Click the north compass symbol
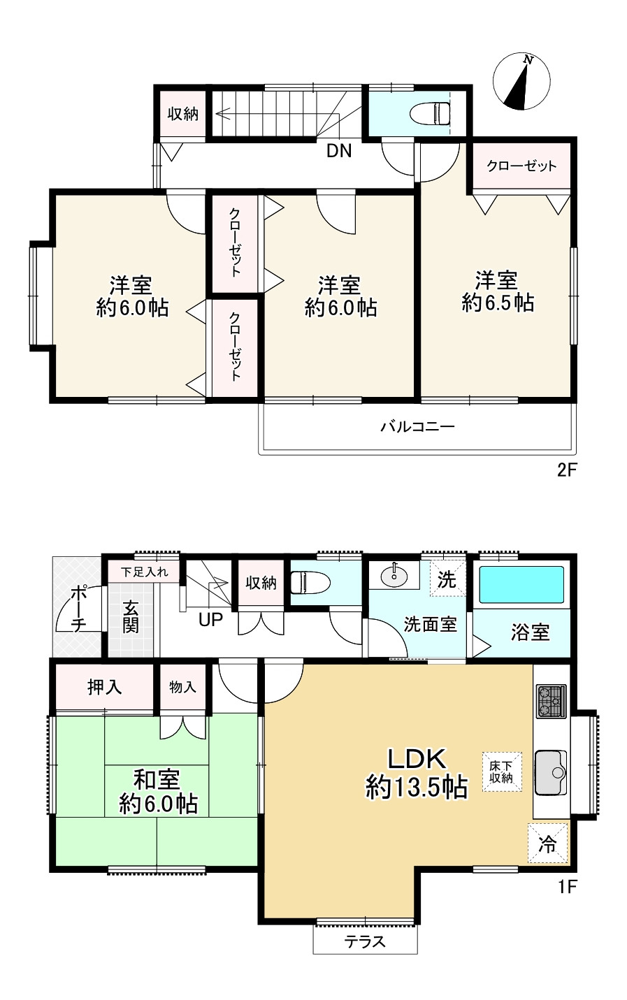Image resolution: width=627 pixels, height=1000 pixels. (x=523, y=81)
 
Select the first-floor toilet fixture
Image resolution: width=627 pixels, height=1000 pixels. (x=310, y=583)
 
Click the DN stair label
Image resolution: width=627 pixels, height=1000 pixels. (x=339, y=152)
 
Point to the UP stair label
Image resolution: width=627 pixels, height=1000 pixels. (x=210, y=619)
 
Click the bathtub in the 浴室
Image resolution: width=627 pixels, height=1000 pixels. (x=521, y=584)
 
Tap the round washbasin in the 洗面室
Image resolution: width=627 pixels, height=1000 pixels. (x=394, y=577)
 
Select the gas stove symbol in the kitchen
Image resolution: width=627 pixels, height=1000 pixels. (x=551, y=701)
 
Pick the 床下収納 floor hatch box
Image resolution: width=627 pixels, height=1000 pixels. (x=502, y=772)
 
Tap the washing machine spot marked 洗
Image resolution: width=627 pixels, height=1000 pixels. (x=447, y=579)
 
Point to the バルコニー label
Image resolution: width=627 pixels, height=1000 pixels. (x=417, y=427)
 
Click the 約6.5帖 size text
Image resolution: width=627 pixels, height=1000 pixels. (x=498, y=303)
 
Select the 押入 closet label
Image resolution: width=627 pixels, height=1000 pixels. (x=105, y=687)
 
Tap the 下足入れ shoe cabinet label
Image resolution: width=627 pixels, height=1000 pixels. (x=144, y=572)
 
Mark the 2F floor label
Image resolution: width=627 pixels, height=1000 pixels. (x=567, y=470)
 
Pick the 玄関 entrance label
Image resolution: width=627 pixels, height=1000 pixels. (x=131, y=616)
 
